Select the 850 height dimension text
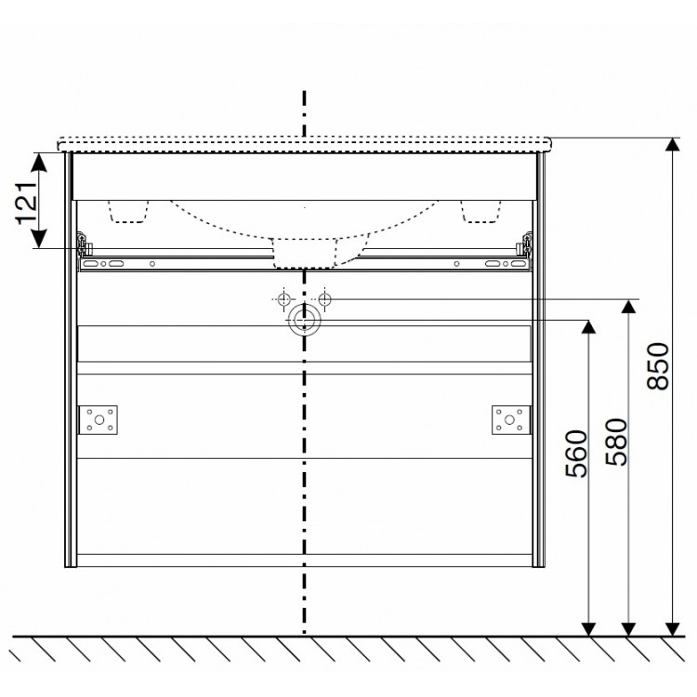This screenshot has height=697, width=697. [x=657, y=366]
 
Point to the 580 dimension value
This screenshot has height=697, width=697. [x=617, y=443]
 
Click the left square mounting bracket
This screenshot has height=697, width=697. [x=99, y=420]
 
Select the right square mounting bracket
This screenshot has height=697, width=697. [x=509, y=420]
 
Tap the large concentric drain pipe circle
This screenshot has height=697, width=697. [x=303, y=321]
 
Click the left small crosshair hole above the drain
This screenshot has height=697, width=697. [x=283, y=299]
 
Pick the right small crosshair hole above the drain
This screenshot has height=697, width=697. [x=324, y=299]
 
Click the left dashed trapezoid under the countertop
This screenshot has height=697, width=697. [x=130, y=212]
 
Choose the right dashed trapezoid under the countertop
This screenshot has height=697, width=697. [x=479, y=212]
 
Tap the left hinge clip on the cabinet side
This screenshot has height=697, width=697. [x=84, y=244]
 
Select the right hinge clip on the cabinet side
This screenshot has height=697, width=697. [x=526, y=244]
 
